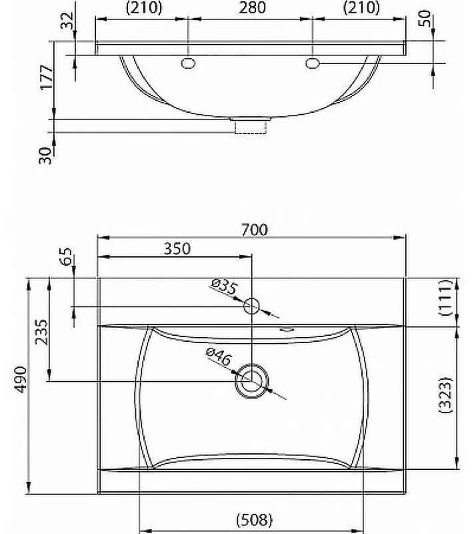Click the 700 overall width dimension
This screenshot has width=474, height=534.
[255, 230]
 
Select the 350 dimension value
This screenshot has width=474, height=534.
[177, 248]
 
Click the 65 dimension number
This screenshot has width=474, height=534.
[65, 258]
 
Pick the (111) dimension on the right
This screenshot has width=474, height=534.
[447, 298]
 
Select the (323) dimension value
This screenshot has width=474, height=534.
[447, 398]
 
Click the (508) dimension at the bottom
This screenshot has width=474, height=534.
[254, 519]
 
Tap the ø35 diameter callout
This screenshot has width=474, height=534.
[223, 287]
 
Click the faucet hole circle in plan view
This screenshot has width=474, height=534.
[252, 306]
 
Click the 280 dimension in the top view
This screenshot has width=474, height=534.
[251, 8]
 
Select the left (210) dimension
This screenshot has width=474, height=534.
[143, 8]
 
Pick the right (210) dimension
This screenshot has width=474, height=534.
[361, 8]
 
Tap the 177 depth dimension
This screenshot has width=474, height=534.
[46, 79]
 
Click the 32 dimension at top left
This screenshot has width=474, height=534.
[66, 21]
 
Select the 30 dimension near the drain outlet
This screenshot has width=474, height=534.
[46, 156]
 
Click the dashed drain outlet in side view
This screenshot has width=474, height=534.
[251, 126]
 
